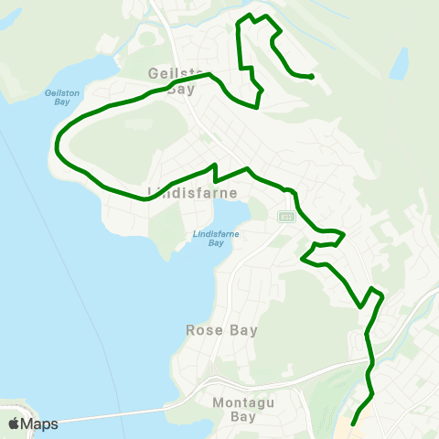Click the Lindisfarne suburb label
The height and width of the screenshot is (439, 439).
(192, 193)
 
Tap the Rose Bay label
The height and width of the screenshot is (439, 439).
(221, 330)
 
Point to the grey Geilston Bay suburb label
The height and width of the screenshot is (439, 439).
(172, 80)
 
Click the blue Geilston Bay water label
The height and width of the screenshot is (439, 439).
(57, 97)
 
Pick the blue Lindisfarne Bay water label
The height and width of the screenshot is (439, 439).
(209, 238)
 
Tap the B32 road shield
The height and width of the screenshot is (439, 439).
(286, 216)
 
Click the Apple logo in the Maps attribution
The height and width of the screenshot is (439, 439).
(14, 423)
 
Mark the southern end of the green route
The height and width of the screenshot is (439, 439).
(352, 423)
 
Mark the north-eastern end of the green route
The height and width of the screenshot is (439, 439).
(313, 78)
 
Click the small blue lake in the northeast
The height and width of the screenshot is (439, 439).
(399, 64)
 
